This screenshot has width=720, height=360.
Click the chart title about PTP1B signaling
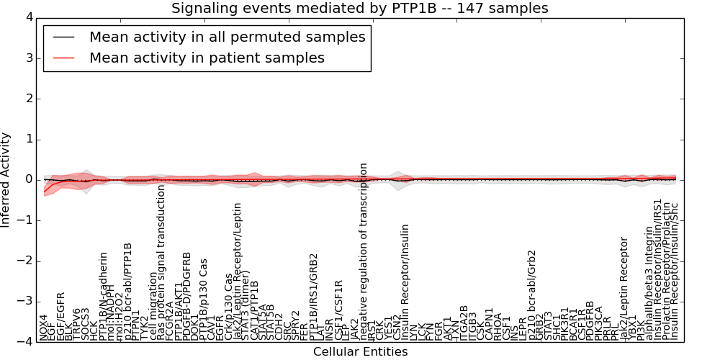click(x=359, y=9)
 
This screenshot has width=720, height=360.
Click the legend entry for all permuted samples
click(x=227, y=37)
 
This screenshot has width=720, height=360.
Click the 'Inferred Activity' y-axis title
click(x=6, y=180)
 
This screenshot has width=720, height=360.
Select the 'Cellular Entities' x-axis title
click(x=360, y=352)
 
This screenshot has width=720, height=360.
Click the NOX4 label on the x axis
click(x=44, y=327)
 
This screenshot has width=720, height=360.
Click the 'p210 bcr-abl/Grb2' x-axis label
click(x=532, y=295)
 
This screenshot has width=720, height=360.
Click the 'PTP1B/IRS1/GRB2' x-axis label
click(x=313, y=297)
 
